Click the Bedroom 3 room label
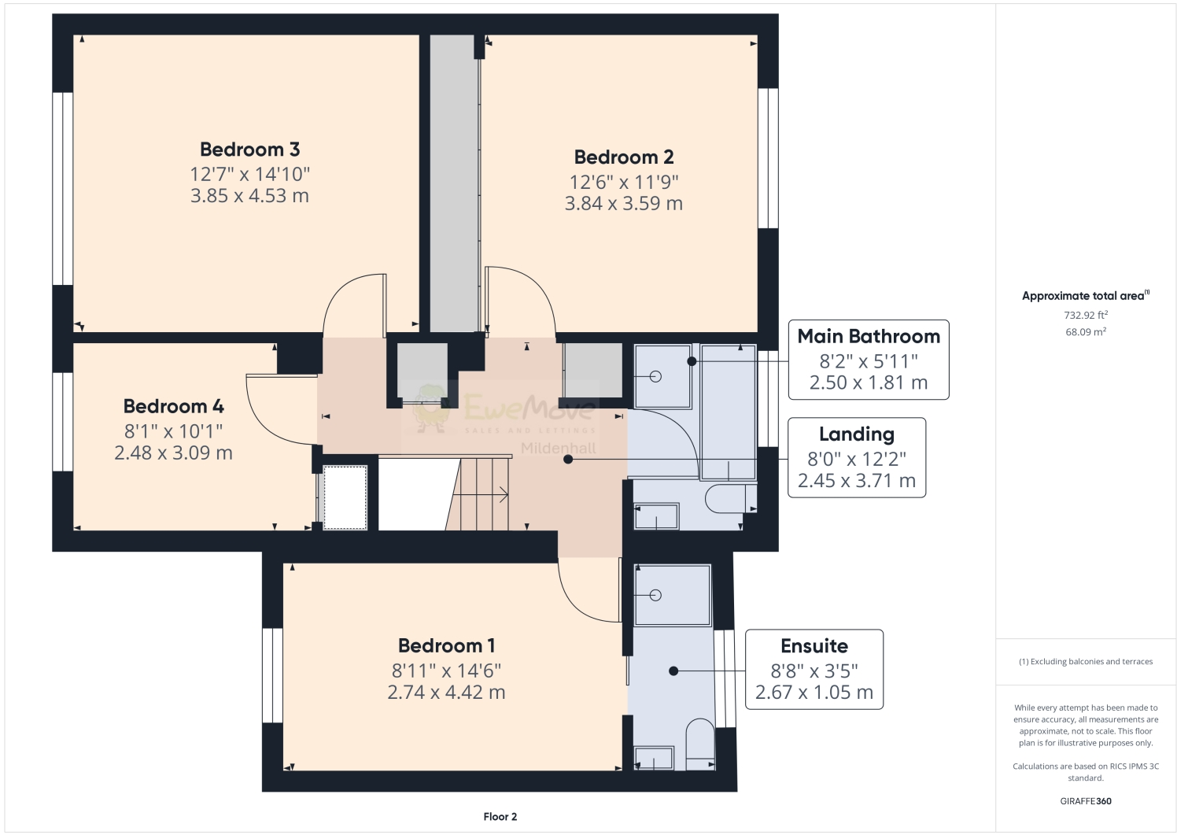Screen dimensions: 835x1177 tap(249, 150)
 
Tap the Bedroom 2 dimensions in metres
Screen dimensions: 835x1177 tap(623, 204)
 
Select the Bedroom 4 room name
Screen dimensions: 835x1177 tap(173, 406)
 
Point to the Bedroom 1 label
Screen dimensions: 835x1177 tap(446, 646)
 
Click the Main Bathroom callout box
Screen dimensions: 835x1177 tap(869, 360)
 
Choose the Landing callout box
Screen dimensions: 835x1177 tap(857, 457)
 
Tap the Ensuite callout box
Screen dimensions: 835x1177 tap(814, 669)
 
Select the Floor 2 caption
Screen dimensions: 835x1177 tap(500, 817)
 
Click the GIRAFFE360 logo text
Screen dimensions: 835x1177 tap(1086, 801)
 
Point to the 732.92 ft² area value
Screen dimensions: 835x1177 tap(1086, 315)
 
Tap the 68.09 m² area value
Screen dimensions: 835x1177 tap(1086, 332)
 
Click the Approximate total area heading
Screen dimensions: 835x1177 tap(1085, 296)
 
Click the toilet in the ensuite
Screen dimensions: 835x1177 tap(699, 742)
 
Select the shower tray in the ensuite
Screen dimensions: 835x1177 tap(673, 595)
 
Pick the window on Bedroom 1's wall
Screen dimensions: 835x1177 tap(272, 674)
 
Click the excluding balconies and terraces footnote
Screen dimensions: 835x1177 tap(1086, 662)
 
